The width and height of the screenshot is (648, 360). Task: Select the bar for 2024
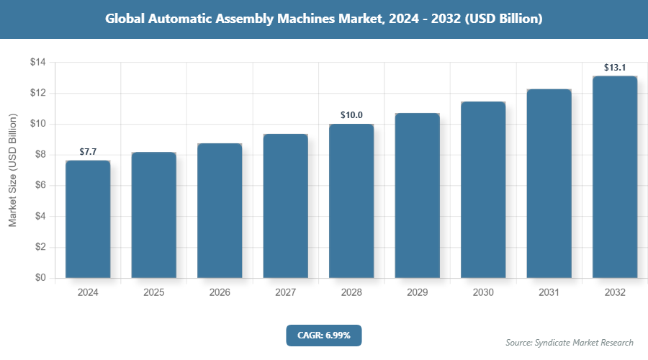click(88, 219)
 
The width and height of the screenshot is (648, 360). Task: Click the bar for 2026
click(220, 210)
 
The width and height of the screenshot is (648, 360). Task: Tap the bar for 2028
click(351, 201)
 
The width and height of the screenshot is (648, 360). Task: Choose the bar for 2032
click(615, 176)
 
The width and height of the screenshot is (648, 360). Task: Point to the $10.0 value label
click(351, 115)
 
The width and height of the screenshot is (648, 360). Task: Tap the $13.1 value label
click(615, 67)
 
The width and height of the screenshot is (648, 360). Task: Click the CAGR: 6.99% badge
click(323, 335)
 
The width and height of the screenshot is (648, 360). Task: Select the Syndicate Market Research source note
click(570, 343)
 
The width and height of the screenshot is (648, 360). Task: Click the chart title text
click(323, 19)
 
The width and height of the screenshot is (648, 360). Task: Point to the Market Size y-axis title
click(12, 171)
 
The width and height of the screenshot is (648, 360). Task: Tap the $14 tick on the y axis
click(37, 63)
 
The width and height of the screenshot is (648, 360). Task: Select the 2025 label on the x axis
click(153, 293)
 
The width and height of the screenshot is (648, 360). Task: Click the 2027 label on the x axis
click(285, 293)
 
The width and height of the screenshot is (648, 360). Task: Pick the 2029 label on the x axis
click(417, 293)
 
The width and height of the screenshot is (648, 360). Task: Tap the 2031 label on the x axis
click(549, 293)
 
